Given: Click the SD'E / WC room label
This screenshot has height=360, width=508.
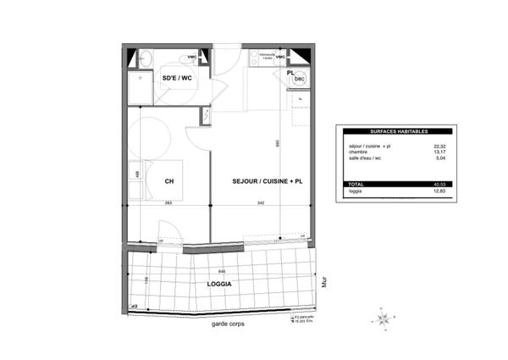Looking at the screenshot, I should click(x=176, y=79).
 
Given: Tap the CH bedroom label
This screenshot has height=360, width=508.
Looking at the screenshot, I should click(x=169, y=181).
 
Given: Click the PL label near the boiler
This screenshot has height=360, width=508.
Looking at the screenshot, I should click(x=290, y=74).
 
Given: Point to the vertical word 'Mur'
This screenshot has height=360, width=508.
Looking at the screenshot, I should click(x=325, y=280).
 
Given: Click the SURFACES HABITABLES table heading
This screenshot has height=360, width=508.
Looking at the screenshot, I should click(x=399, y=132).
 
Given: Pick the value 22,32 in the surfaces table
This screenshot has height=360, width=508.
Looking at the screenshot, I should click(x=439, y=146).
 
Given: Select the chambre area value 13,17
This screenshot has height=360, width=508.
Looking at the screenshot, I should click(x=439, y=152).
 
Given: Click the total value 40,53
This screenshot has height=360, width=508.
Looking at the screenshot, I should click(x=439, y=184).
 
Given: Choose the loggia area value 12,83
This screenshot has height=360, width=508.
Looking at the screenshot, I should click(x=439, y=191).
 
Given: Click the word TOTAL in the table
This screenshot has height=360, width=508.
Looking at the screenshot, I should click(x=357, y=184).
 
